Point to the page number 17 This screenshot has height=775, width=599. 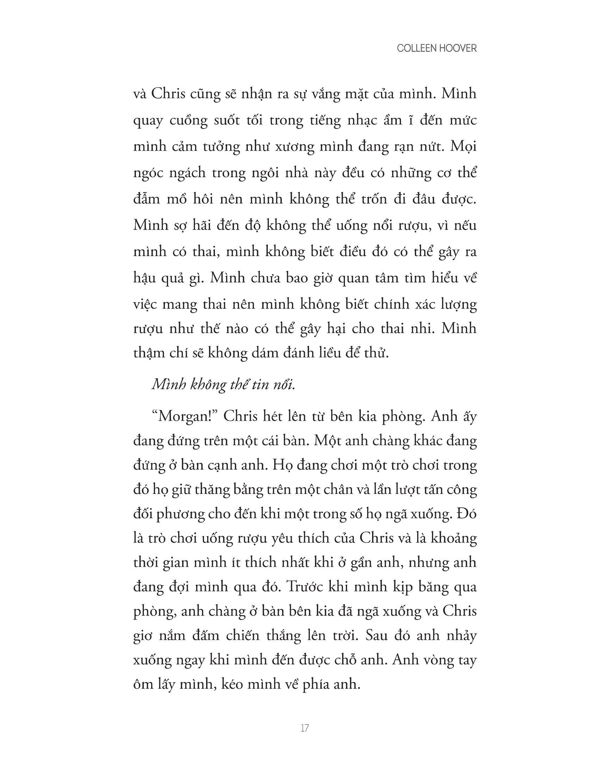[x=304, y=728]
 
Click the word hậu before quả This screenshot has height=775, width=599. [x=145, y=278]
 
